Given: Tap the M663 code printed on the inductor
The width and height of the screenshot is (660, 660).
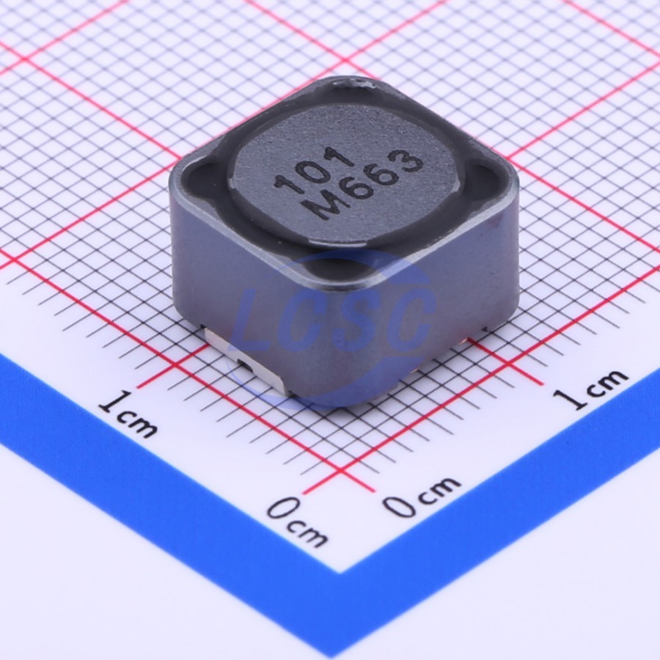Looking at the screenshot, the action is click(x=364, y=186).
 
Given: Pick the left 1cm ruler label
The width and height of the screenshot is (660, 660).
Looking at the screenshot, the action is click(x=128, y=414).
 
